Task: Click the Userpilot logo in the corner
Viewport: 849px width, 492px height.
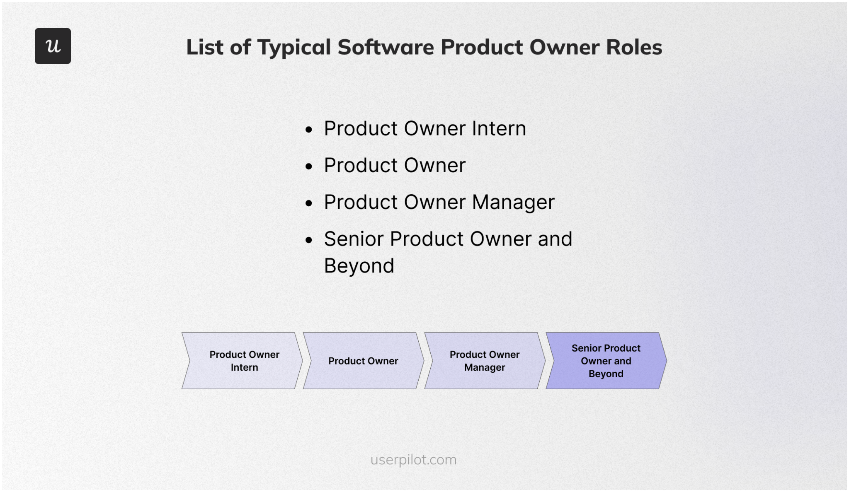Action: point(53,46)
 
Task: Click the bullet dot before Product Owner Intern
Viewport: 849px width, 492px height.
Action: point(308,130)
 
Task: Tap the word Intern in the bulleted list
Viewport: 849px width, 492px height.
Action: point(499,128)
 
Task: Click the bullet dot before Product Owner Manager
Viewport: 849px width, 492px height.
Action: point(308,203)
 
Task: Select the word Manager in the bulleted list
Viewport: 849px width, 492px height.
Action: point(513,203)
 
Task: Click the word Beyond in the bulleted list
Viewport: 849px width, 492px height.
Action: point(359,266)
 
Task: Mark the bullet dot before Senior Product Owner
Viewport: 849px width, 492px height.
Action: point(308,240)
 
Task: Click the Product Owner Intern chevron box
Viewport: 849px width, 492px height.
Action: point(243,361)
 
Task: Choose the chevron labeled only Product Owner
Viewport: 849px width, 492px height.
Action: point(363,361)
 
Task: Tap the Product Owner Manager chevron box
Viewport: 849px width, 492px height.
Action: point(485,361)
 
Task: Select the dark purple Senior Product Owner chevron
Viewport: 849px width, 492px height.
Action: point(606,361)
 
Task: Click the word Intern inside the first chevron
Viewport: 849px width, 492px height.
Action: point(244,367)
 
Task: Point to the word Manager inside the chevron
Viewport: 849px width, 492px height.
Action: point(485,367)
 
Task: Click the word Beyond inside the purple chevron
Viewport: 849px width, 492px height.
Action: point(606,374)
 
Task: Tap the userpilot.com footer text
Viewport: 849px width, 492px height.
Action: point(413,460)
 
